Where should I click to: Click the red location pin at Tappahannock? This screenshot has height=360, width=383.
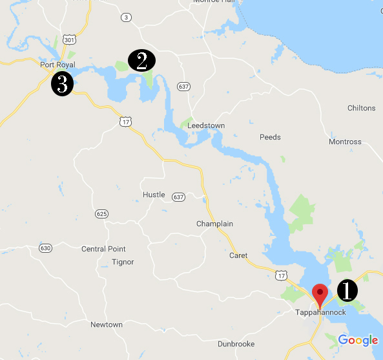(320, 295)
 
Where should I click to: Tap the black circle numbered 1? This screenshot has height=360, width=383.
(346, 291)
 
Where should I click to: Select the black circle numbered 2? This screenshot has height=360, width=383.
(141, 61)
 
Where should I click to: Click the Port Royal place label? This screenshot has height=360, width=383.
(57, 65)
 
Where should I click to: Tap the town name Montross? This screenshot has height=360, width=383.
(345, 142)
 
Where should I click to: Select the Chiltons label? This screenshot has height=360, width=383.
(361, 108)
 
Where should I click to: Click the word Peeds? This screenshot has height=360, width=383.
(270, 137)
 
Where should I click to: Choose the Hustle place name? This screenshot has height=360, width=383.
(154, 195)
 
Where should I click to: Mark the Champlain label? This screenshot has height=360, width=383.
(214, 224)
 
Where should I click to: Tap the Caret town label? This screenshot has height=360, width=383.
(238, 255)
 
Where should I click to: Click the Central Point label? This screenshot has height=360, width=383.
(103, 249)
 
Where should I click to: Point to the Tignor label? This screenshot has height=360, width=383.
(123, 262)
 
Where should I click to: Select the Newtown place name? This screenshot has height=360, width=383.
(107, 324)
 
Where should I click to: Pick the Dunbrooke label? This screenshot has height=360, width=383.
(236, 344)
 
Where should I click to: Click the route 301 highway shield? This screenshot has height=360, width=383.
(70, 39)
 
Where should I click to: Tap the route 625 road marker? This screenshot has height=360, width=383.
(101, 213)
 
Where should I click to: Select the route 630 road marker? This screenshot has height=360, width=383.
(45, 248)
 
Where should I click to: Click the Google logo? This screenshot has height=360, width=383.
(357, 341)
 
